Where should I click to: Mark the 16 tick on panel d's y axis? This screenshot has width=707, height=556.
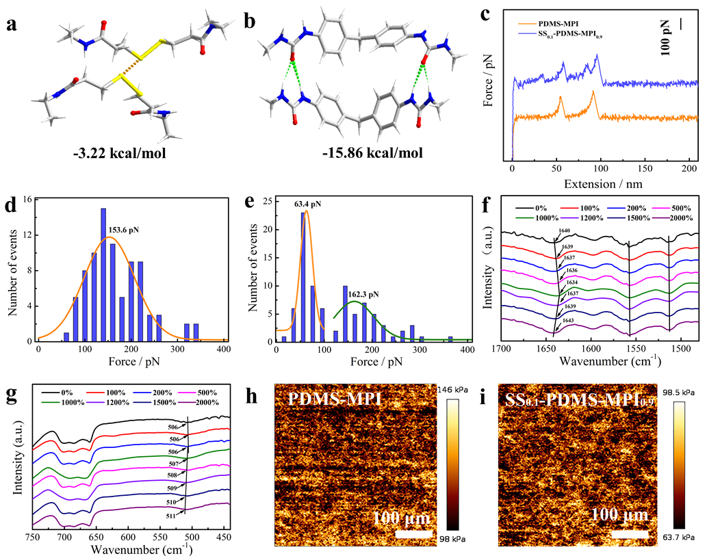tap(28, 200)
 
